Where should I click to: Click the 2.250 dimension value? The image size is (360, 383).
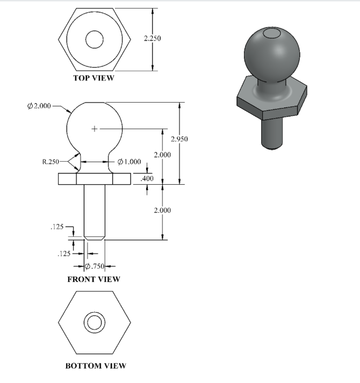click(x=153, y=39)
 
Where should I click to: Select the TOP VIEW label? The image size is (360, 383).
click(x=94, y=78)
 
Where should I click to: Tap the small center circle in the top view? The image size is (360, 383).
click(x=94, y=39)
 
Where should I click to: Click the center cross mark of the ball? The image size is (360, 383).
click(x=95, y=128)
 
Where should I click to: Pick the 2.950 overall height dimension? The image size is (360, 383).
click(x=179, y=139)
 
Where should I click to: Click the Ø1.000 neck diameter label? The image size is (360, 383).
click(x=129, y=162)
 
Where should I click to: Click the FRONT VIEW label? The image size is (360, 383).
click(x=93, y=279)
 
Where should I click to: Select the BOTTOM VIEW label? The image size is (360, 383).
click(x=96, y=366)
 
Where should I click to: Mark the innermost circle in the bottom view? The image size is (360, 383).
click(x=94, y=323)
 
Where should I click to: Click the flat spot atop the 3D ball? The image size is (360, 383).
click(x=272, y=34)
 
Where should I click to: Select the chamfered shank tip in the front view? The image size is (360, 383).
click(x=95, y=237)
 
